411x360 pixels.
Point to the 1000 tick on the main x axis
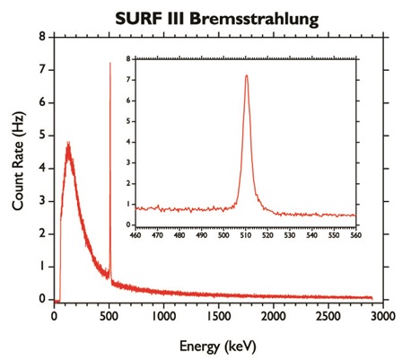(x=164, y=315)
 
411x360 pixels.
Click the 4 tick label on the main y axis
(x=42, y=168)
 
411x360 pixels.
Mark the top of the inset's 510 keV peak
(x=246, y=75)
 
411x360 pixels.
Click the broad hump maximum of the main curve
(x=67, y=144)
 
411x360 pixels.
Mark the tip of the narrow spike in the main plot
(x=110, y=63)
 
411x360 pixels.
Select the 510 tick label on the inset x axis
(x=246, y=235)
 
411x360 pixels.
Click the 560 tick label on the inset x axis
(x=355, y=235)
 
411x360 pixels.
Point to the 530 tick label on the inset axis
(x=290, y=235)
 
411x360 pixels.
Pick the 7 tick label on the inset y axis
(x=130, y=79)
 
